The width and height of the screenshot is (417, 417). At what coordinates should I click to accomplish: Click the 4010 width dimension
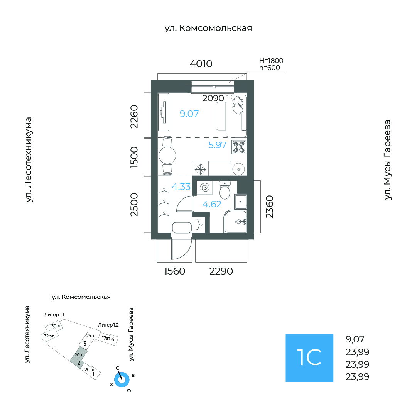pos(201,64)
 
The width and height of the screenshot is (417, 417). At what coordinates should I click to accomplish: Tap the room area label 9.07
pos(189,114)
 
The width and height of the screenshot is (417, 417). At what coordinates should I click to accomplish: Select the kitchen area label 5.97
pos(217,145)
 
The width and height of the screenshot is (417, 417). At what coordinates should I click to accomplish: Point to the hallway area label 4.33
pos(181,187)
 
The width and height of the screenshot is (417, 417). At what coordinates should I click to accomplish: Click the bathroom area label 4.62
pos(212,204)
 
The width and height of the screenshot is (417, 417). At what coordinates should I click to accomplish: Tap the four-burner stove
pos(238,147)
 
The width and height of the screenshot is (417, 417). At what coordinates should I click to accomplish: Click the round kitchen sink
pos(238,169)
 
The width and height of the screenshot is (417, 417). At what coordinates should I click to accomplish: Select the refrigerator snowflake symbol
pos(200,169)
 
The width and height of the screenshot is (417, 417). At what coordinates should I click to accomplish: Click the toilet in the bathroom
pos(225,190)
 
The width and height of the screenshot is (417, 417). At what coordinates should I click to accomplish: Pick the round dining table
pos(167,155)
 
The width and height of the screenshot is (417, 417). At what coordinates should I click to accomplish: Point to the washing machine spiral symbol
pos(205,188)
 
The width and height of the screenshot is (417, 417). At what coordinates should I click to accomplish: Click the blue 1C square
pos(309,358)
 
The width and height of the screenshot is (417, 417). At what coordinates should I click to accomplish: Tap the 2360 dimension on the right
pos(270,207)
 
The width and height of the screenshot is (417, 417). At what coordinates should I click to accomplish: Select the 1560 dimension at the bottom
pos(174,271)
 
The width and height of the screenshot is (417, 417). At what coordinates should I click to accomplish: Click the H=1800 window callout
pos(271,61)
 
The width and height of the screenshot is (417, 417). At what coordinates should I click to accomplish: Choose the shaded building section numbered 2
pos(78,358)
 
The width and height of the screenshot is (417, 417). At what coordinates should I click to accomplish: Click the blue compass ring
pos(122,380)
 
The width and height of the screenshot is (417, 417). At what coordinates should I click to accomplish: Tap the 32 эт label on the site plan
pos(49,336)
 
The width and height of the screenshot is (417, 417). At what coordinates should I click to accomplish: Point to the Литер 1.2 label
pos(108,325)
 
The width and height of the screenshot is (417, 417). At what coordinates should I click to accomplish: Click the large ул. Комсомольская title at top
pos(208,28)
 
